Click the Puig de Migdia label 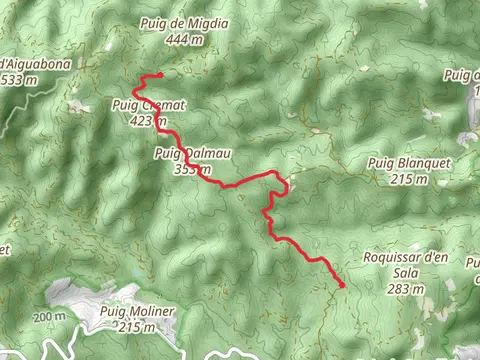point(185,24)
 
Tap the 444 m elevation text point(186,39)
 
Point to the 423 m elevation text point(146,121)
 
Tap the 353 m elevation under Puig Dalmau point(189,168)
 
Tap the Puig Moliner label point(137,311)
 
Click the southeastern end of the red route point(342,285)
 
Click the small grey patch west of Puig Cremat point(77,105)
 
